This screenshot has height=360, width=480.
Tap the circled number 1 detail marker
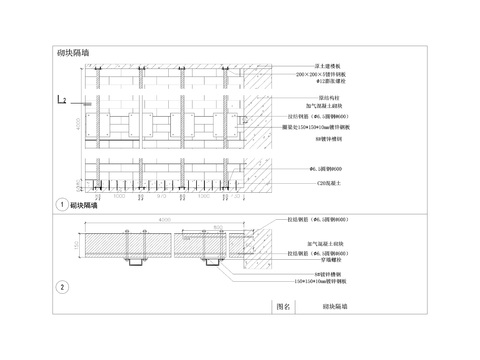point(63,203)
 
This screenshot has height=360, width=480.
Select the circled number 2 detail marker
point(63,287)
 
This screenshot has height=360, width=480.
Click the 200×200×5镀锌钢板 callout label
point(319,75)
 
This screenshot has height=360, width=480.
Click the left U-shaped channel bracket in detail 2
point(134,262)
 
